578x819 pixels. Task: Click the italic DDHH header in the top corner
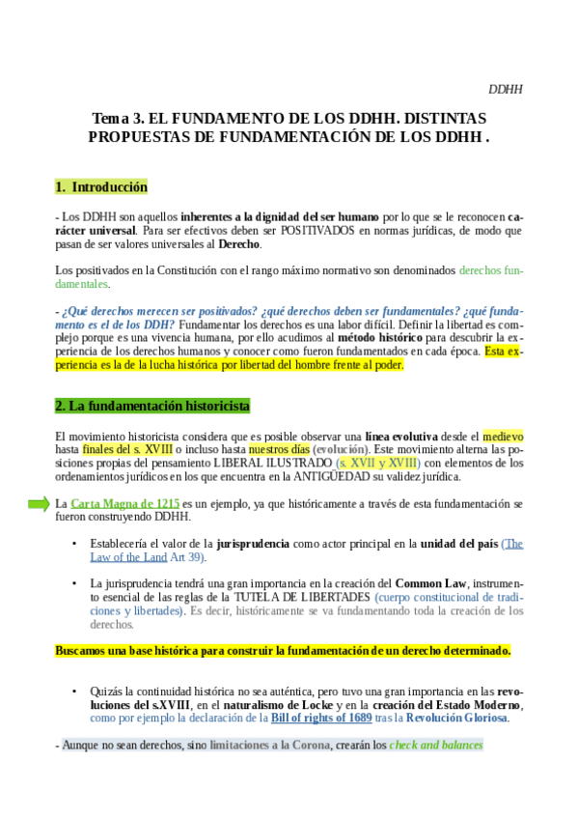pyautogui.click(x=505, y=90)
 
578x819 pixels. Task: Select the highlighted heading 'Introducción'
pyautogui.click(x=109, y=186)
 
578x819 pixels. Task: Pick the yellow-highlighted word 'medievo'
pyautogui.click(x=503, y=438)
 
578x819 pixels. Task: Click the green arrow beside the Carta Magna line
pyautogui.click(x=38, y=503)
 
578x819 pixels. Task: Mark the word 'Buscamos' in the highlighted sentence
pyautogui.click(x=85, y=651)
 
